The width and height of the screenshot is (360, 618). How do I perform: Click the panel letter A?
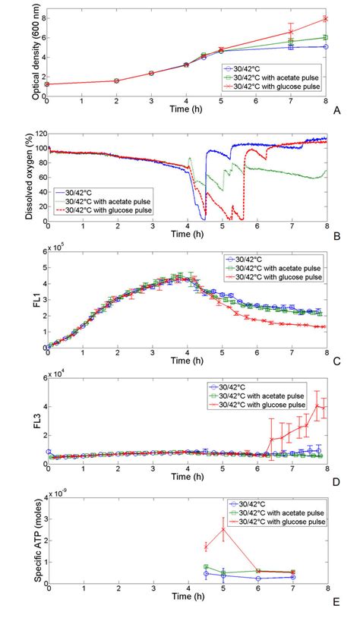337,109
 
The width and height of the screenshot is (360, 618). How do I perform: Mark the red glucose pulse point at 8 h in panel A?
326,18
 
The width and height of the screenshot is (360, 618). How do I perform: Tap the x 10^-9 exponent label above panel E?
58,493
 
